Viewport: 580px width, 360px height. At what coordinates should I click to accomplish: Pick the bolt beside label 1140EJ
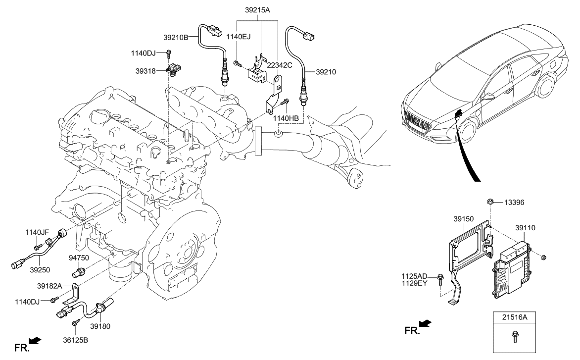(237, 62)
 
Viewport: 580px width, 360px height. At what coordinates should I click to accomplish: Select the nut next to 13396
(490, 202)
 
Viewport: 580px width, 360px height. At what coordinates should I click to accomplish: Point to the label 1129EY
(415, 283)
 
